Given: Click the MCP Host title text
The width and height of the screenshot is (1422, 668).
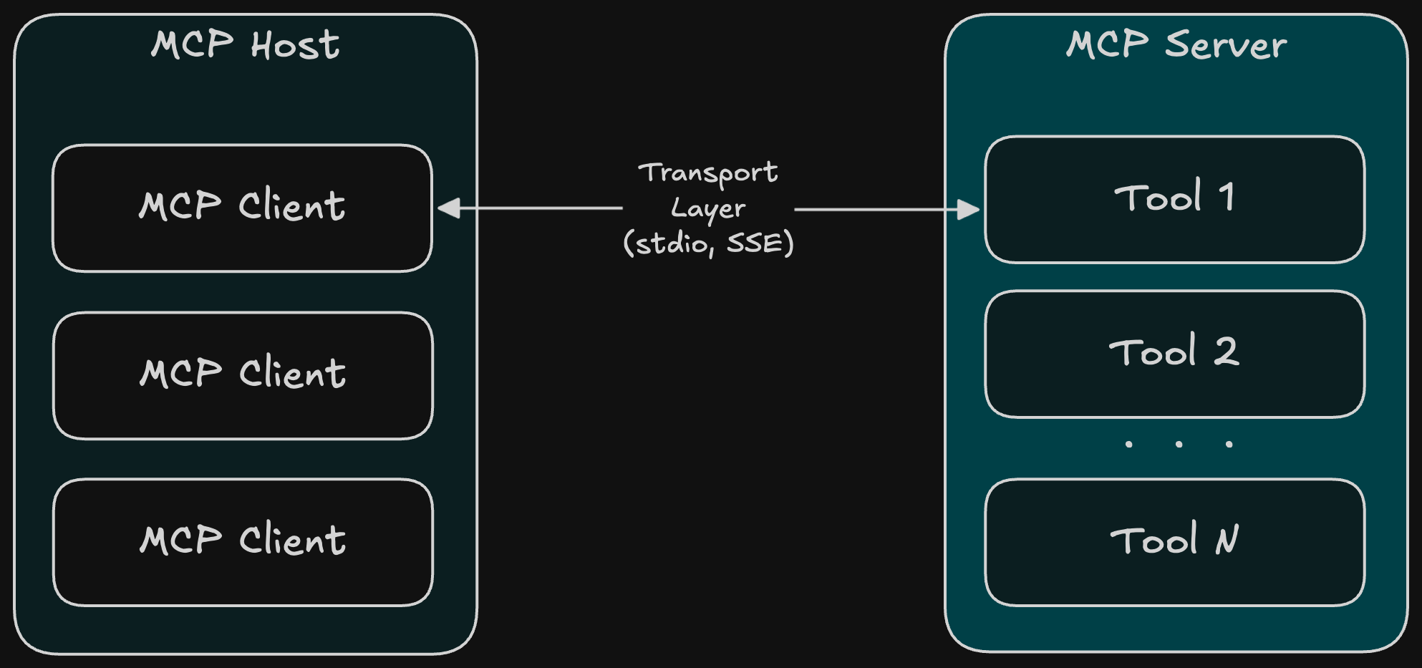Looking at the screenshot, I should tap(245, 45).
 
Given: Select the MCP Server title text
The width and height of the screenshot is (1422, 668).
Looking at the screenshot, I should tap(1176, 45).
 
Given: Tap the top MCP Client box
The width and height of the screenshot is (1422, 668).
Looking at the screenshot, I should tap(242, 208).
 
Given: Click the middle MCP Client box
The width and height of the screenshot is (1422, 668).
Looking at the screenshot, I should tap(243, 375).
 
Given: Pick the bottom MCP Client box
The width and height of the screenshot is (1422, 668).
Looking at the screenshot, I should tap(243, 542).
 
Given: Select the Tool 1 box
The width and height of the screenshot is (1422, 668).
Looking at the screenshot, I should tap(1174, 199).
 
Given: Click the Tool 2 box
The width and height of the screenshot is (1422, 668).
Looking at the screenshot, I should tap(1174, 354).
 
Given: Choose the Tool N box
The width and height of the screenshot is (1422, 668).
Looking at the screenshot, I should tap(1174, 542).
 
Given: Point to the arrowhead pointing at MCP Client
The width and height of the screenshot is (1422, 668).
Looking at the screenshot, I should tap(448, 208).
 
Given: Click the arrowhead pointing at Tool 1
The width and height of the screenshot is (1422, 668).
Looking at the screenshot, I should tap(969, 210).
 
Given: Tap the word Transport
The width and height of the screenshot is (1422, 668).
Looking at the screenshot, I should tap(708, 173).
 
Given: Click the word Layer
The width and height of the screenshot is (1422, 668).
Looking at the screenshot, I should tap(708, 209).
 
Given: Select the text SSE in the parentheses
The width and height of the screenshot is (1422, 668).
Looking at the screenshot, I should tap(755, 243).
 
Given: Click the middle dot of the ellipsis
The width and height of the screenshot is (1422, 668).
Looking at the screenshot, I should tap(1179, 445).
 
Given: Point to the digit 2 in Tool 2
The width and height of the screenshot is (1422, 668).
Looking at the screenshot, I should tap(1226, 352).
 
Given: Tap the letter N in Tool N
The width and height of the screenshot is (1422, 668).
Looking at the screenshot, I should tap(1227, 540).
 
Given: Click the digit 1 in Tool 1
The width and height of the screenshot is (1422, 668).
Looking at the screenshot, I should tap(1227, 197).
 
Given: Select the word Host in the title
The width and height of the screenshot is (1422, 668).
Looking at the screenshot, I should tap(295, 46).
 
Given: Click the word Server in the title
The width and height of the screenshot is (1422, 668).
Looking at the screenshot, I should tap(1226, 45).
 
